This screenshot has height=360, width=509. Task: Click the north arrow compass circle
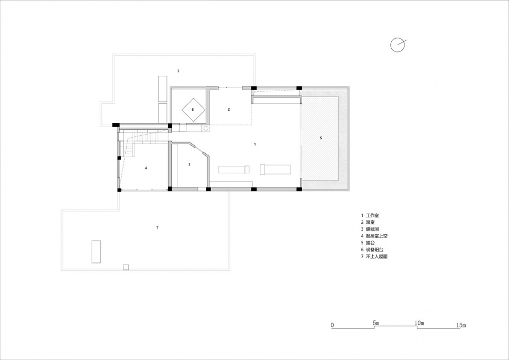pos(391,45)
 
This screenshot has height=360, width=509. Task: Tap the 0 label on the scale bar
pos(332,325)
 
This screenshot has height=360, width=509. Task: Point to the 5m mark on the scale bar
pos(376,323)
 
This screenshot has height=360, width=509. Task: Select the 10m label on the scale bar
pos(419,323)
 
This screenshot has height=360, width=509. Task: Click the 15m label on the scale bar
pos(461,325)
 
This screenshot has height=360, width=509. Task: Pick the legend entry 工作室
pos(372,215)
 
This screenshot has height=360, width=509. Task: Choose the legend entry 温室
pos(370,222)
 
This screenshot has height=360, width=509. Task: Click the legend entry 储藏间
pos(372,229)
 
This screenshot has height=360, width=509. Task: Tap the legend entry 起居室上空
pos(376,236)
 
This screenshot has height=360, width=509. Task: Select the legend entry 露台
pos(370,243)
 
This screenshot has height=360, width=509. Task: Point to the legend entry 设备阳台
pos(374,250)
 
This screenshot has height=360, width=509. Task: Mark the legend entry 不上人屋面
pos(376,257)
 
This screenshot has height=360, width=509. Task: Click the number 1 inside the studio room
pos(255,144)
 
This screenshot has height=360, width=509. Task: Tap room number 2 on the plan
pos(229,109)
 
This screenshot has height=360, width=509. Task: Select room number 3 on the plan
pos(189,164)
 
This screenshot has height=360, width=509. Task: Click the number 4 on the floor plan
pos(146,168)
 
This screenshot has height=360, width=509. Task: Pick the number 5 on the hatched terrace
pos(321,138)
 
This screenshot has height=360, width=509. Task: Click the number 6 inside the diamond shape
pos(192,110)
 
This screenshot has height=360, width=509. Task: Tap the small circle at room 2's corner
pos(206,128)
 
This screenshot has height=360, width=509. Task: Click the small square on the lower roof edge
pos(126,267)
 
